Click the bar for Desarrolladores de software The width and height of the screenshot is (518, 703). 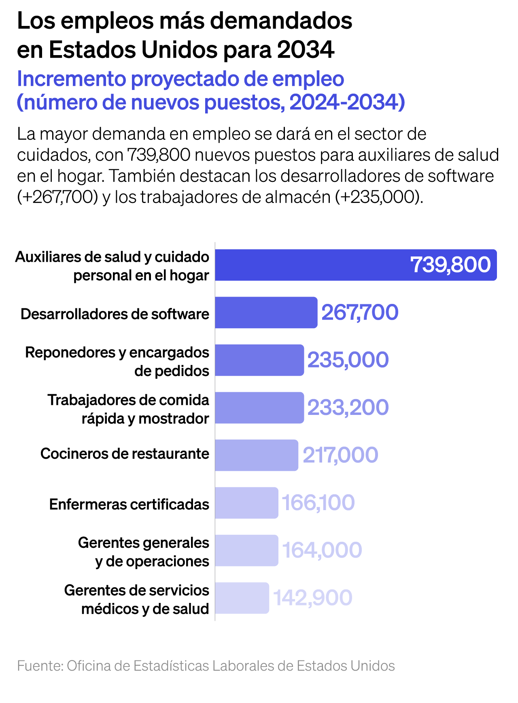pos(266,312)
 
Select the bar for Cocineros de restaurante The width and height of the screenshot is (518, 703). pos(256,455)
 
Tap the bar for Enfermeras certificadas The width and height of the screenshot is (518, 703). pos(246,503)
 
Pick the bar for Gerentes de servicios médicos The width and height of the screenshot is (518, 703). pos(242,598)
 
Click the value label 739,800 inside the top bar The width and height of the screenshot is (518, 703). pos(450,265)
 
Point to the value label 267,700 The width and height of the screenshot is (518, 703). pos(360,312)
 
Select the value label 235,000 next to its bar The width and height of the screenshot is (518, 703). pos(348,360)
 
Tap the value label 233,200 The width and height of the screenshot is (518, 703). pos(348,408)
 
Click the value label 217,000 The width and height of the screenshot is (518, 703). pos(340,455)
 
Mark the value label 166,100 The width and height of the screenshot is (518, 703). pos(318,503)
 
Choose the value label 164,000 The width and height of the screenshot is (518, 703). pos(322,550)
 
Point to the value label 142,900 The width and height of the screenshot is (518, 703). pos(313,598)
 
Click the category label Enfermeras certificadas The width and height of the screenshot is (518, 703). pos(129,504)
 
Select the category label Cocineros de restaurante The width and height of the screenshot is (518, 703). pos(125,454)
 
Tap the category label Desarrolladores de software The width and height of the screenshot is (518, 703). pos(115,314)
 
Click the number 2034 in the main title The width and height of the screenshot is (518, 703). pos(306,50)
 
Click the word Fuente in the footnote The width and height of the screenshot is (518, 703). pos(40,666)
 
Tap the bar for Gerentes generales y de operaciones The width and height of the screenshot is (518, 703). pos(246,550)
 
